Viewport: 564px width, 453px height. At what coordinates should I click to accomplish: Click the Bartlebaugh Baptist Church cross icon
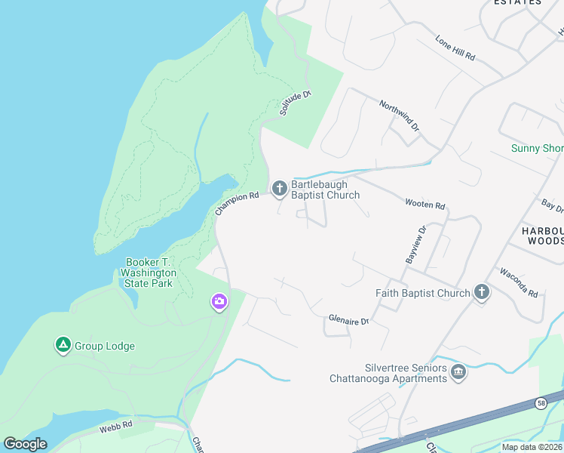point(280,188)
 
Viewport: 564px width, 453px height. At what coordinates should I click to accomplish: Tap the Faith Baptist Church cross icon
point(482,292)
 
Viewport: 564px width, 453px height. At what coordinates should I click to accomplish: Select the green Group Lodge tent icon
point(63,346)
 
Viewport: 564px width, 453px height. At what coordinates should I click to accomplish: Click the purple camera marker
point(219,302)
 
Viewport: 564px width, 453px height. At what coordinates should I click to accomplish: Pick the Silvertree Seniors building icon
point(458,371)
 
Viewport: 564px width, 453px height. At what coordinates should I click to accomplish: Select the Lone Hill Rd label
point(455,47)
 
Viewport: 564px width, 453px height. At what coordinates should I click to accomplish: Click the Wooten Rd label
point(425,205)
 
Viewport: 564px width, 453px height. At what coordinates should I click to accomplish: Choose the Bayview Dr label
point(415,244)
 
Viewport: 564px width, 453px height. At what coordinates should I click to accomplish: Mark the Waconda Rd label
point(518,282)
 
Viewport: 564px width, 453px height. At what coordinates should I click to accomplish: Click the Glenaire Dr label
point(348,320)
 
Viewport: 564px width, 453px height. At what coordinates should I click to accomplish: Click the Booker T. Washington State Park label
point(151,273)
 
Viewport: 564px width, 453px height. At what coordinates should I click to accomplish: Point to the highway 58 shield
point(541,403)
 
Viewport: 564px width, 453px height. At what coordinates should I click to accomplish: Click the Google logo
point(25,444)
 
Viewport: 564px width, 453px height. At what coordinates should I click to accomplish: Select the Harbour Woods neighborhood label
point(542,235)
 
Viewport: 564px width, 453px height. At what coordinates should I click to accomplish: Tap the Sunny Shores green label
point(537,148)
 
